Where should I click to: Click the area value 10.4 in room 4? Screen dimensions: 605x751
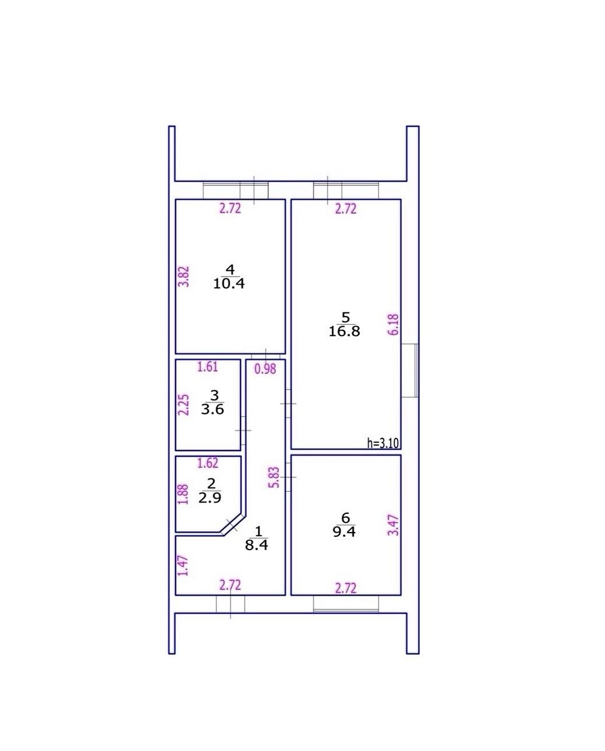(229, 284)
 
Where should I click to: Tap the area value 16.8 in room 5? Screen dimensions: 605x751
(344, 331)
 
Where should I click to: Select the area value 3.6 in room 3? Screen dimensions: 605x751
(212, 409)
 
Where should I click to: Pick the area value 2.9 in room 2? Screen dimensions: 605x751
(210, 498)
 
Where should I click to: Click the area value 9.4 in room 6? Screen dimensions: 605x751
(344, 532)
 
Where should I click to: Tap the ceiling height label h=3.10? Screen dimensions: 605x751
(383, 443)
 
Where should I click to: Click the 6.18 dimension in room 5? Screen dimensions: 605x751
(394, 325)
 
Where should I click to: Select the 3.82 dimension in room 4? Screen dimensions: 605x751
(184, 277)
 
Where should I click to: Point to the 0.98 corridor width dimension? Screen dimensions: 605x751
(265, 369)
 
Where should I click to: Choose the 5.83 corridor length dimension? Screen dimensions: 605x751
(275, 478)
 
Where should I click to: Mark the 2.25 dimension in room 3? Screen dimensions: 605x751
(184, 405)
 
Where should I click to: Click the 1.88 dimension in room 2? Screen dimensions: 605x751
(183, 494)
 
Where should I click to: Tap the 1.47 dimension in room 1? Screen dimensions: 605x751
(183, 566)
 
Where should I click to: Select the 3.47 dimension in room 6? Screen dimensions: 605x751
(394, 525)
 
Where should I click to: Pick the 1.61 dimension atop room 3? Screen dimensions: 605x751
(207, 367)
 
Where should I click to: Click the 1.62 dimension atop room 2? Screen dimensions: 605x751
(208, 462)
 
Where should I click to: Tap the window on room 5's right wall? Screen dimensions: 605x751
(410, 370)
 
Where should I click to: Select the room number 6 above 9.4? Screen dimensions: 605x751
(346, 518)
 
